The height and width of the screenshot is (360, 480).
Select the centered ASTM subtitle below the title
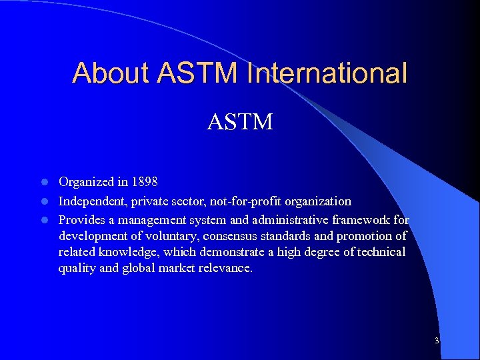point(239,122)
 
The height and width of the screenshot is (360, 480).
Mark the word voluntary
point(174,236)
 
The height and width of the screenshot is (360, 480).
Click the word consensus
point(237,236)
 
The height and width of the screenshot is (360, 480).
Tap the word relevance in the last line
point(225,269)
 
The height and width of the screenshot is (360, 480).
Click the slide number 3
point(436,341)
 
